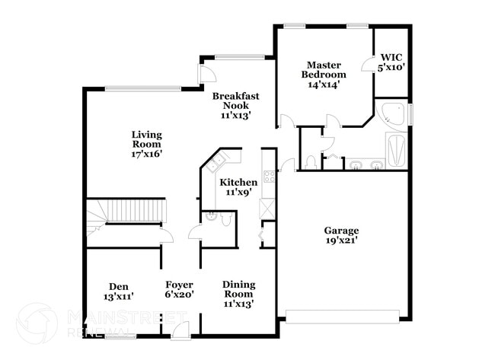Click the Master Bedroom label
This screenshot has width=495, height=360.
click(x=323, y=75)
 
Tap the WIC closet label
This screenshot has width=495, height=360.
click(x=391, y=62)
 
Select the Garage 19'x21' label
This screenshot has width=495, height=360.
click(x=340, y=235)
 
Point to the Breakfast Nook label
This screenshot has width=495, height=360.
click(x=235, y=105)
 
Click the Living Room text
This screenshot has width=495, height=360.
click(x=146, y=144)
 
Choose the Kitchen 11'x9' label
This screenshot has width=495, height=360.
click(x=238, y=187)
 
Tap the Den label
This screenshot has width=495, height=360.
click(x=118, y=292)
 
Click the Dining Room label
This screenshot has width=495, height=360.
click(x=238, y=294)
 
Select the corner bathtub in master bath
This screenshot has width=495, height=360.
click(x=393, y=114)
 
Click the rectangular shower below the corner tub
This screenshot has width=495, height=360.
click(x=397, y=150)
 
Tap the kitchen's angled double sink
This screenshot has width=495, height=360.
click(x=219, y=162)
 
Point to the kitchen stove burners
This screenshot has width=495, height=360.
click(x=269, y=177)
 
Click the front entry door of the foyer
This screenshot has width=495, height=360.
click(x=180, y=330)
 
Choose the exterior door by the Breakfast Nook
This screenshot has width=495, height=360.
click(x=204, y=72)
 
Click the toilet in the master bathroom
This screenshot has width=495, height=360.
click(x=310, y=162)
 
